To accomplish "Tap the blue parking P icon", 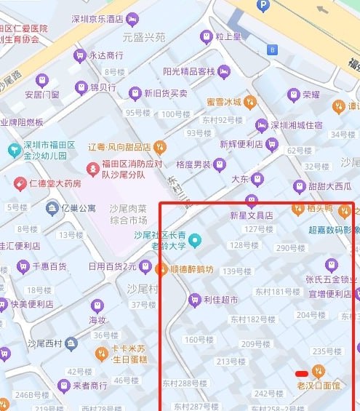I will (263, 6).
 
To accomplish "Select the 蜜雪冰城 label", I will (223, 102).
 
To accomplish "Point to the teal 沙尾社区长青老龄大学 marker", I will (194, 240).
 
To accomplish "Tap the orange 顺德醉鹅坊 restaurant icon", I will (164, 268).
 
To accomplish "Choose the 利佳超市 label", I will (220, 299).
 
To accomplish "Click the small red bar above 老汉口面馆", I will (302, 374).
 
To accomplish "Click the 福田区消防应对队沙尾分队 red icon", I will (93, 169).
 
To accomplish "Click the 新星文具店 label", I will (251, 215).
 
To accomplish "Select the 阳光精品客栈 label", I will (188, 71).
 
